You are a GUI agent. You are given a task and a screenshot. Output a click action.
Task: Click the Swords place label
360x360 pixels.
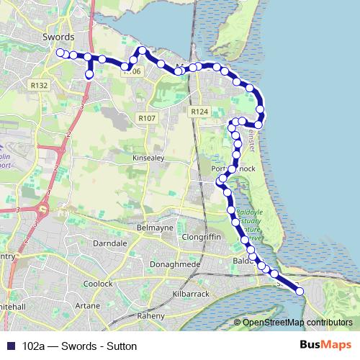point(60,35)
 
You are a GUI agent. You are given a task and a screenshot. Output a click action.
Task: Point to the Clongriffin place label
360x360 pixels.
point(206,235)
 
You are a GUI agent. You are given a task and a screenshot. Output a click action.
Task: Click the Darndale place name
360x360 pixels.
point(110,244)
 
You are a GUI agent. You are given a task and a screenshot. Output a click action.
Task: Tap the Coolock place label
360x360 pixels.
point(98,284)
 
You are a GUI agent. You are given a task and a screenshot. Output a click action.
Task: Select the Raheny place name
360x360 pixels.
point(150,316)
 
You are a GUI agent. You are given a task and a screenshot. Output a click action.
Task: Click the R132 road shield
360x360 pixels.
point(40,85)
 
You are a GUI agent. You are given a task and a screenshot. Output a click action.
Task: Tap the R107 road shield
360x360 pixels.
point(146,117)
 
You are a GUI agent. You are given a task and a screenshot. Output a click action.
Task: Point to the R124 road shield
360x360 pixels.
point(199,112)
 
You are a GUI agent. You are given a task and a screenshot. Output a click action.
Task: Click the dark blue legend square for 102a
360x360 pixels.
point(10,346)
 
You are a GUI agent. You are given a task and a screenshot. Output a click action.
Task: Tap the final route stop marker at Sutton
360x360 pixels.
point(300,291)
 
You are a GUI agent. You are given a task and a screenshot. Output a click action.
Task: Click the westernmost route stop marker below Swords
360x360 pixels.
point(60,52)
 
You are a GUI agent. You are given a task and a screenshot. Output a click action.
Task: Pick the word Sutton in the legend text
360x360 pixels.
point(120,346)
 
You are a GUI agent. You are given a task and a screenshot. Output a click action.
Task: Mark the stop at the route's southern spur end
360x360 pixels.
point(89,73)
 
